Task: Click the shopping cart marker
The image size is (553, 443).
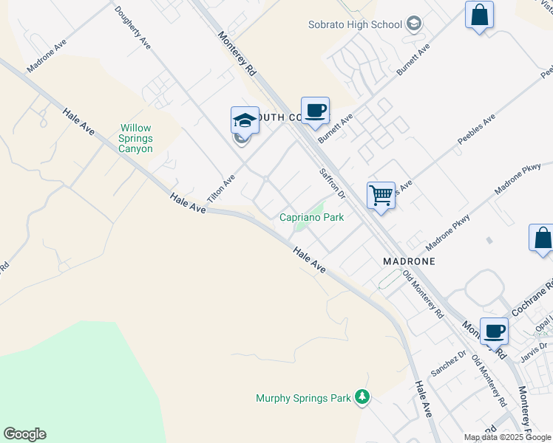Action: [x=381, y=196]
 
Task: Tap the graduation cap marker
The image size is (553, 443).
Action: [x=245, y=120]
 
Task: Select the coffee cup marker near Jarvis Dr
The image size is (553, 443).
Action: [x=493, y=331]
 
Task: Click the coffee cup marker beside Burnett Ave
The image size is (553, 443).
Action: [x=315, y=111]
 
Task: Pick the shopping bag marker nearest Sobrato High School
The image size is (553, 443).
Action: [x=479, y=16]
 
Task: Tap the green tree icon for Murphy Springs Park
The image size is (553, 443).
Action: [x=362, y=398]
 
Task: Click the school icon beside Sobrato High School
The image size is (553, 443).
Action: [x=414, y=24]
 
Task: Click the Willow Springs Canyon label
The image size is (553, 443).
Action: [x=136, y=138]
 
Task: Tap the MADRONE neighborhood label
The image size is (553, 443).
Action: [x=408, y=261]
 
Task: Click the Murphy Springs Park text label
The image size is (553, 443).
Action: [x=303, y=398]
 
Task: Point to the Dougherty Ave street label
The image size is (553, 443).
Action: [x=133, y=28]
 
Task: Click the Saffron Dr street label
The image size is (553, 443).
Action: [x=332, y=184]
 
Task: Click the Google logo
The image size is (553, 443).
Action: [x=24, y=434]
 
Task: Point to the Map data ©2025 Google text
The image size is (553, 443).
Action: [x=507, y=437]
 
